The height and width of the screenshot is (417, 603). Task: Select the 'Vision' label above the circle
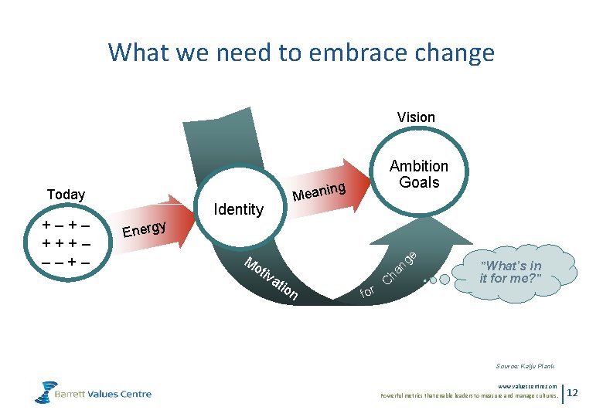click(416, 117)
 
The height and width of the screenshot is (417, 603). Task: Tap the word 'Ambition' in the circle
click(418, 166)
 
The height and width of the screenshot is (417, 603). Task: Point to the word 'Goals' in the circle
click(419, 183)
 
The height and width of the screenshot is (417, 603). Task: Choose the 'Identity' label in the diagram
click(238, 209)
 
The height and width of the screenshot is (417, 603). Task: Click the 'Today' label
click(66, 195)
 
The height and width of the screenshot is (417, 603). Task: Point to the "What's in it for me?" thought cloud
click(520, 273)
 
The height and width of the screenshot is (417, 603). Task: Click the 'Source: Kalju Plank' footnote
click(525, 366)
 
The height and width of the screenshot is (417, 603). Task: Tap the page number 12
click(573, 393)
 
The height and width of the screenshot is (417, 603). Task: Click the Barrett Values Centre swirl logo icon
click(46, 392)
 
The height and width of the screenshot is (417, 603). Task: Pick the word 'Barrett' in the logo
click(75, 394)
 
